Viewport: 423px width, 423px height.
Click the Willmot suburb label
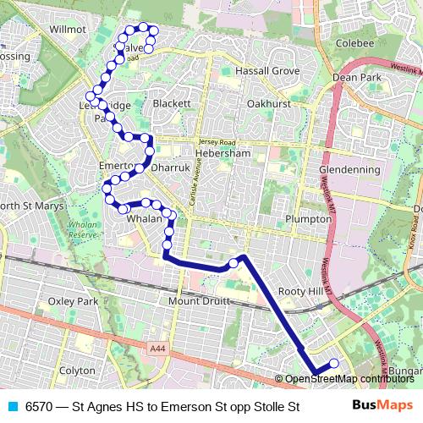tap(69, 29)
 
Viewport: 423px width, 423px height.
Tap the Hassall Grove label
tap(267, 71)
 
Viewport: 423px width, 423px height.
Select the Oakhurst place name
tap(269, 103)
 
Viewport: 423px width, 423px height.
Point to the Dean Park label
tap(357, 77)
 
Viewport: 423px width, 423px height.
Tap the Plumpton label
tap(309, 218)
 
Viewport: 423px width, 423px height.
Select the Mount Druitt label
tap(200, 301)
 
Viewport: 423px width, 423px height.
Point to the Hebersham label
tap(222, 154)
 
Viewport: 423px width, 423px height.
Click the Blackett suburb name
tap(173, 103)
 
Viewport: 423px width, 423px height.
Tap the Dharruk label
tap(170, 168)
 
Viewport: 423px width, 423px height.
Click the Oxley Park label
tap(74, 301)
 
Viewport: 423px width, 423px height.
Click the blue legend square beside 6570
tap(12, 407)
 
